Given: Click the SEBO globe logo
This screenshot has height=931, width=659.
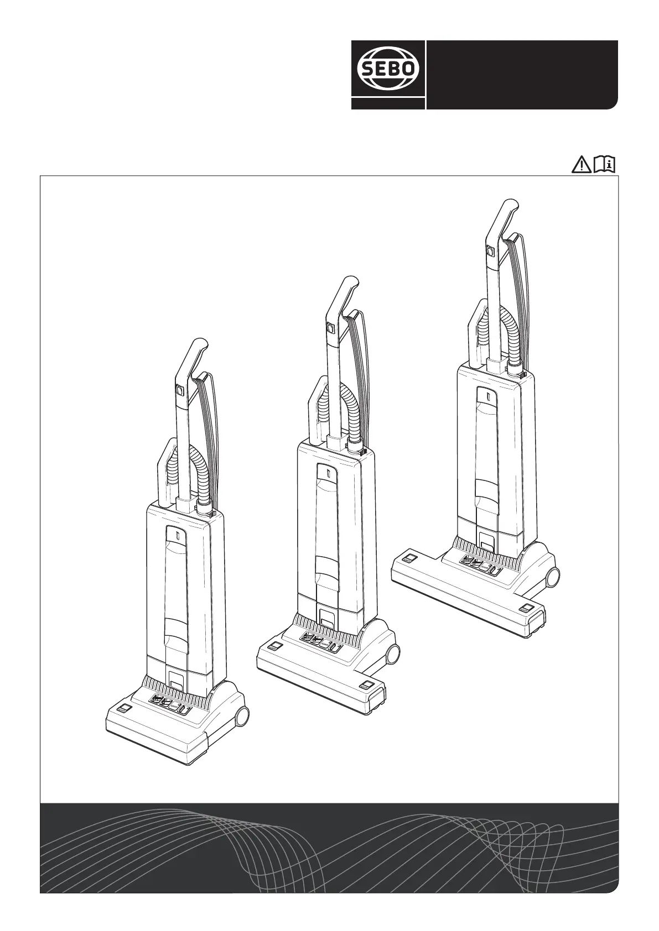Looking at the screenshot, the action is (x=388, y=69).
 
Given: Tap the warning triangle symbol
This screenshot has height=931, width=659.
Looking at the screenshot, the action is (x=581, y=165).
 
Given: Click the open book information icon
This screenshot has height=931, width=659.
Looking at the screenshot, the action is (x=605, y=164).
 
